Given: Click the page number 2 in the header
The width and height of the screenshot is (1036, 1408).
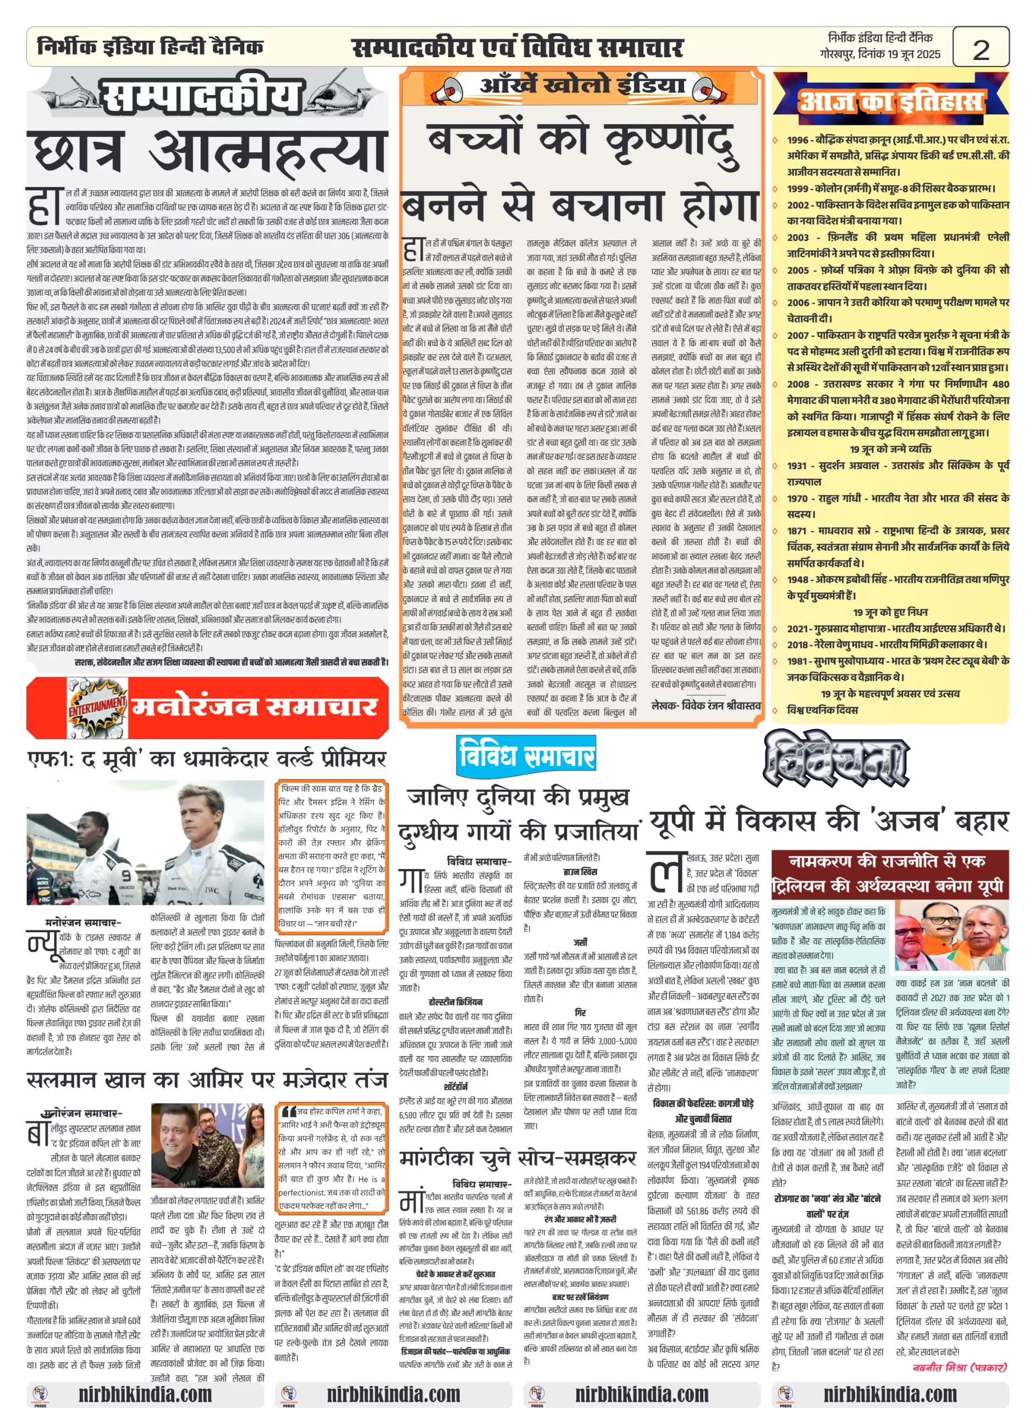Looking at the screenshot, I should [981, 48].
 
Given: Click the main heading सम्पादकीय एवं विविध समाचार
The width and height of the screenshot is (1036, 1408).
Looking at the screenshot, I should [517, 48].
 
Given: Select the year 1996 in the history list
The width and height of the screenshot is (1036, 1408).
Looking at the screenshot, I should [798, 140].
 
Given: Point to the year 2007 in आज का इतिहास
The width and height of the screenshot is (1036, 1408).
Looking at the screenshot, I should [798, 335].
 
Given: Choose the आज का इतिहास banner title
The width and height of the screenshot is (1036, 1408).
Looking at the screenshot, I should [890, 101].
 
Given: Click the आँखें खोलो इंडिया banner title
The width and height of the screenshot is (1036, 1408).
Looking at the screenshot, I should [582, 85].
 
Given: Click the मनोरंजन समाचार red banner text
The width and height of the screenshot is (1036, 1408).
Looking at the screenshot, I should [254, 706].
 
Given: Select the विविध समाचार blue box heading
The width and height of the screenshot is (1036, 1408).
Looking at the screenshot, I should [526, 756].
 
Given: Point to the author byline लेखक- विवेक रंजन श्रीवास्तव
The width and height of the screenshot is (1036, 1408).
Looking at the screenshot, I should [706, 706].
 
